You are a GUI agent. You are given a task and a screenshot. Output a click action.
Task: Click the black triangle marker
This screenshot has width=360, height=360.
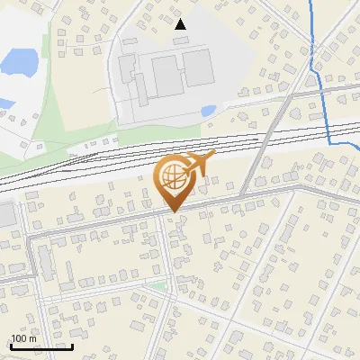[x=181, y=24]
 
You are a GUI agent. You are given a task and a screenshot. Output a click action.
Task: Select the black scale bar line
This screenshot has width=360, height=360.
[x=41, y=346]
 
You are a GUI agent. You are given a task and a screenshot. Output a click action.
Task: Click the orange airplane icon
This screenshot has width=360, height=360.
[x=198, y=165]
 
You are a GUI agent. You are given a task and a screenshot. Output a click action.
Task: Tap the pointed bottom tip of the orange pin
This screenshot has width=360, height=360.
[x=173, y=212]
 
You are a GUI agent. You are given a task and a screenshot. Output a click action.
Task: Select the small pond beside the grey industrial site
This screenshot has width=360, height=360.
[x=208, y=111]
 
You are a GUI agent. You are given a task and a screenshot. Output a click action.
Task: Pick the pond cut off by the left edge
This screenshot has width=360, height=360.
[x=4, y=103]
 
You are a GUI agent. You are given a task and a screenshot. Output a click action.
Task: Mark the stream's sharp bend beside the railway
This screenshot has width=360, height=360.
[x=330, y=141]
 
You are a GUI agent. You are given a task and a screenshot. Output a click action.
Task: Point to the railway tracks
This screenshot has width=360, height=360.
[x=135, y=151]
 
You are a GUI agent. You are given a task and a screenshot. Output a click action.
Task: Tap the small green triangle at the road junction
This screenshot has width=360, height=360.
[x=159, y=286]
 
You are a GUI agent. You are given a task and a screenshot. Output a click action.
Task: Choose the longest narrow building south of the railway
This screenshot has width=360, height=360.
[x=43, y=260]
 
